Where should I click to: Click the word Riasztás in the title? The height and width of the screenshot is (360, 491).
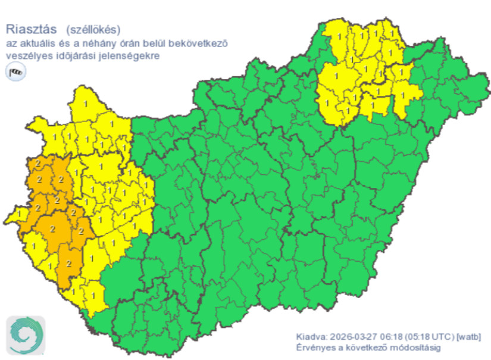(31, 28)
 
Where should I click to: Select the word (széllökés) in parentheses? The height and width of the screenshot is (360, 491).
(93, 28)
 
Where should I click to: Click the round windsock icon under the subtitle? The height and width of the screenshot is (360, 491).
(15, 73)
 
